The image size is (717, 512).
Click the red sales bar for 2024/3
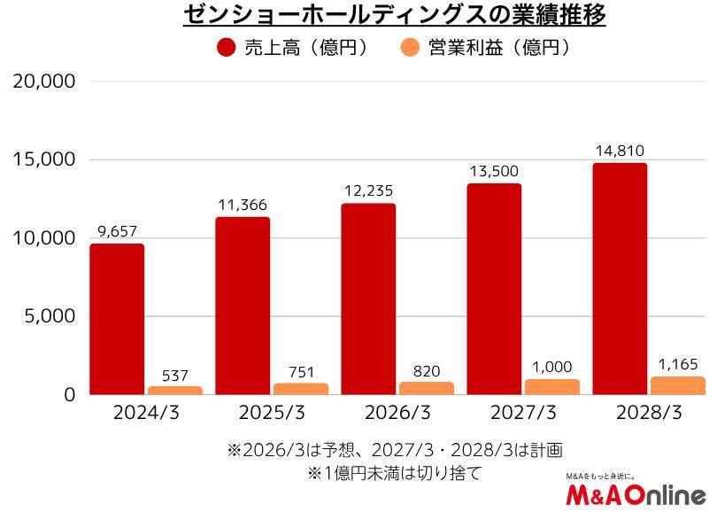(117, 319)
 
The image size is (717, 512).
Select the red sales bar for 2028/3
(620, 279)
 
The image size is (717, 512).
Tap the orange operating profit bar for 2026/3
(427, 388)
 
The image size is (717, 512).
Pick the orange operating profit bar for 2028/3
(678, 385)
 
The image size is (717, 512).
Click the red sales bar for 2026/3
(368, 299)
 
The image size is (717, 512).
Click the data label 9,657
(117, 231)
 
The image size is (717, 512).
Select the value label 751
(301, 372)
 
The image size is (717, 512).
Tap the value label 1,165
(678, 364)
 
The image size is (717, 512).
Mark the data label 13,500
(494, 171)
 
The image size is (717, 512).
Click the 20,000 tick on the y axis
(44, 81)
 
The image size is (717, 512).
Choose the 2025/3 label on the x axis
(272, 414)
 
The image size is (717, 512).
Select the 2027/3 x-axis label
(523, 414)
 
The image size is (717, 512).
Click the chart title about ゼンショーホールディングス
(394, 16)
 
